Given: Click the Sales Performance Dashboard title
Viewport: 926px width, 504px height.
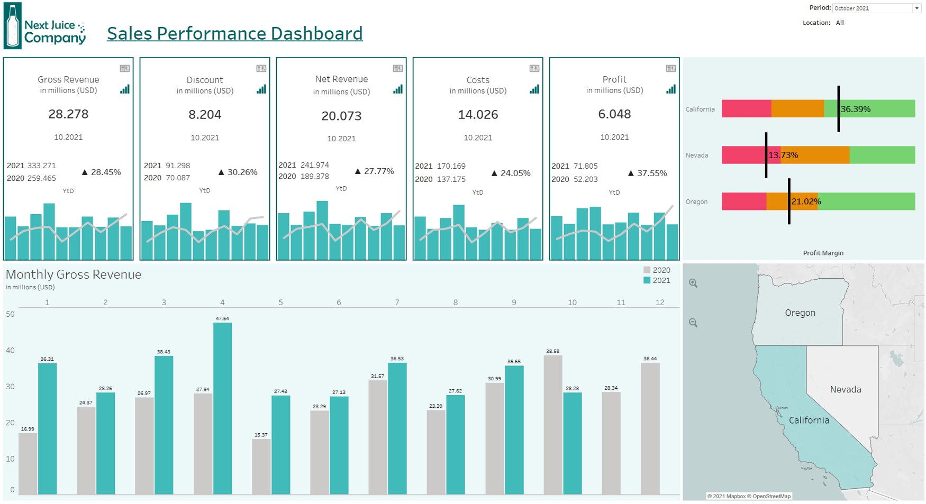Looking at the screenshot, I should (234, 33).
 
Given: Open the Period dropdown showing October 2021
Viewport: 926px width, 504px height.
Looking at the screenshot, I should (876, 8).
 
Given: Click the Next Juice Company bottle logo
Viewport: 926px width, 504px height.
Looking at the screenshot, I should (13, 26).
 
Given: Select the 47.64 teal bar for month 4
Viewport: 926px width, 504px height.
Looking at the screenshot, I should (222, 408).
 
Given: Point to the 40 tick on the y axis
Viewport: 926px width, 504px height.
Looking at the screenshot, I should (10, 351).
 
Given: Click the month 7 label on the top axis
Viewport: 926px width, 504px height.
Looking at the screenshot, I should (397, 303).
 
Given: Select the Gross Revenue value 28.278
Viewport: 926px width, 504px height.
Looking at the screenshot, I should (68, 114).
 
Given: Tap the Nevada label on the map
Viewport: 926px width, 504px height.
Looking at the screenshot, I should (845, 390).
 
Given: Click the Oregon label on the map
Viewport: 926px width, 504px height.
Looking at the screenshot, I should (800, 313).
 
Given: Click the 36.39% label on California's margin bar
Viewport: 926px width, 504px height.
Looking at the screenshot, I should (856, 109).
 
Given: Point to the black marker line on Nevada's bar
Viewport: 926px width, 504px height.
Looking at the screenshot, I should (766, 155).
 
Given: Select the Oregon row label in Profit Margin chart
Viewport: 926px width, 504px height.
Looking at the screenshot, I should (696, 201).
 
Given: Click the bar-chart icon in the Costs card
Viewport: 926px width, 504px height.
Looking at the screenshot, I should (534, 89).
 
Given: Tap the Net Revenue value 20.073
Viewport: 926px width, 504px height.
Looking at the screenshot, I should (341, 116).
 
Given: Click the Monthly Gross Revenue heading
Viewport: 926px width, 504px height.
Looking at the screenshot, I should (74, 274).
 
